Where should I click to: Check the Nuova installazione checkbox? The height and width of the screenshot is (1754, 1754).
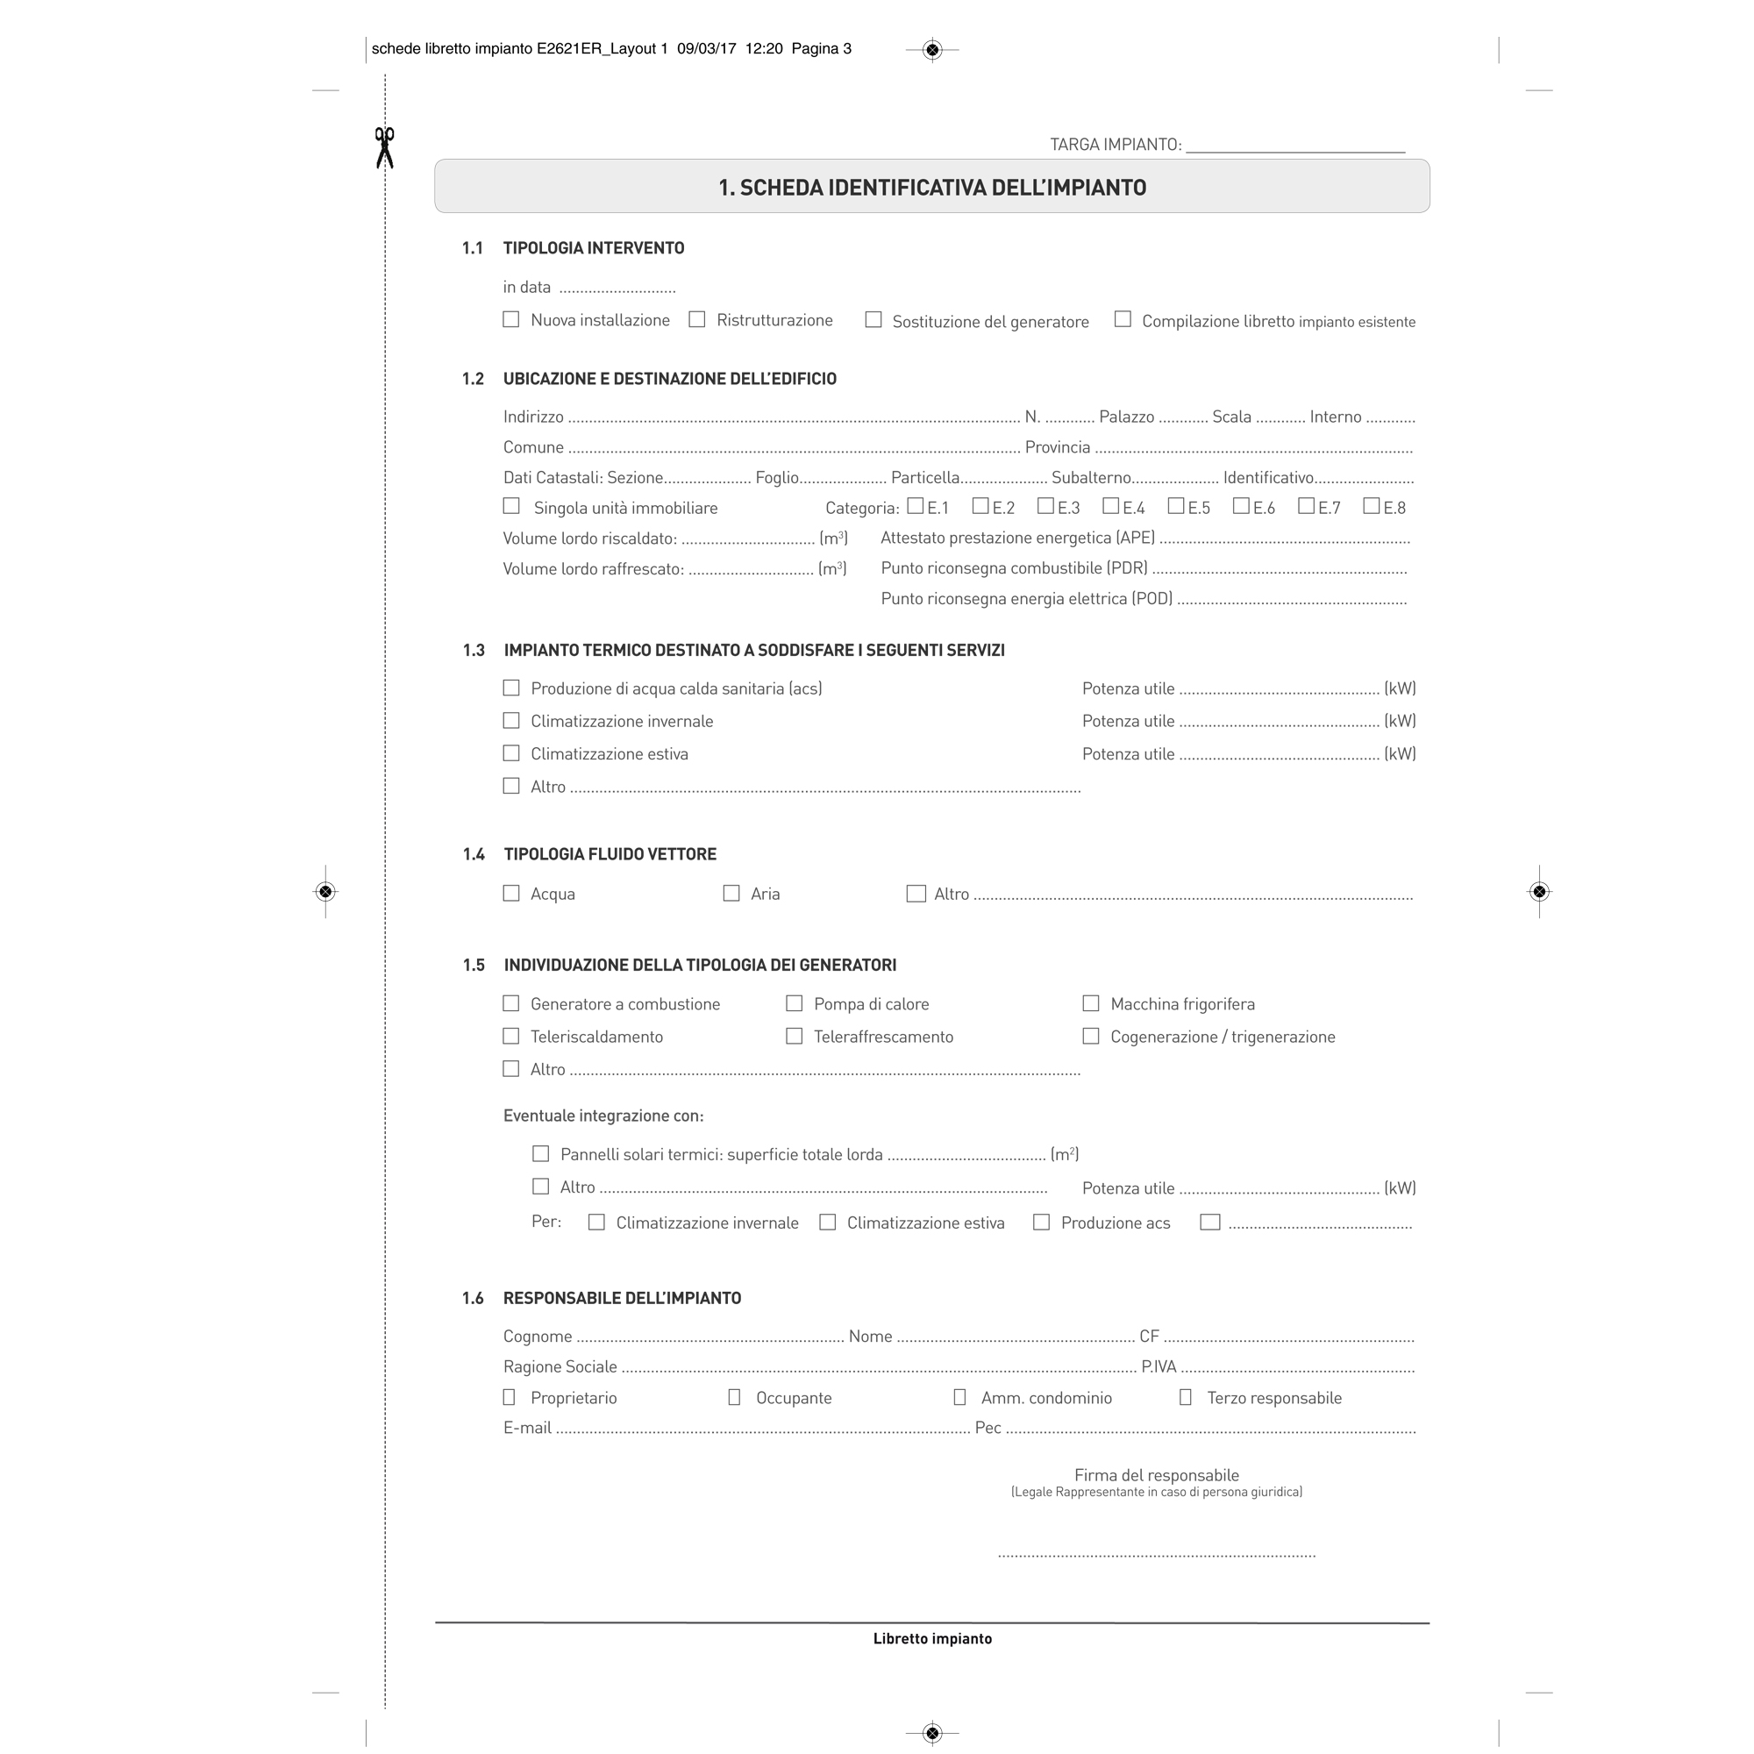[x=511, y=319]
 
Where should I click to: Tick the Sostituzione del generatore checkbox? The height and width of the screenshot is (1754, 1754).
[x=873, y=319]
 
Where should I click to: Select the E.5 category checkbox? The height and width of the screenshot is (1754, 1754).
[x=1176, y=506]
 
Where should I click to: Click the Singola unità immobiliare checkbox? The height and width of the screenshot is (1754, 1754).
[x=511, y=506]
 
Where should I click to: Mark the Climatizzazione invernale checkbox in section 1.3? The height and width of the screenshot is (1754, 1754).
[x=511, y=721]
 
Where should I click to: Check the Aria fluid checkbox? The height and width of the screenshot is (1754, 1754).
[x=731, y=894]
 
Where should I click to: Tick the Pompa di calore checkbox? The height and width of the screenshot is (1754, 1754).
[x=795, y=1003]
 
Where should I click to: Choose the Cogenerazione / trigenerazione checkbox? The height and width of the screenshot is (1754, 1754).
[x=1091, y=1036]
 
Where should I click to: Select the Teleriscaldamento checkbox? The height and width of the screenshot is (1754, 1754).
[x=511, y=1036]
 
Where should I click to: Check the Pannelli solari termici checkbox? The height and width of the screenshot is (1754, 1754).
[x=541, y=1154]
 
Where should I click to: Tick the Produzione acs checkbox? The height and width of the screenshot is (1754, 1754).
[x=1041, y=1222]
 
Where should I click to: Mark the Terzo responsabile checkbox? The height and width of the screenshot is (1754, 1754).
[x=1185, y=1397]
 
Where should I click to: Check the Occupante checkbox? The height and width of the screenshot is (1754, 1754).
[x=733, y=1397]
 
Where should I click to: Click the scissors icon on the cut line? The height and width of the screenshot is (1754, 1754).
[x=385, y=147]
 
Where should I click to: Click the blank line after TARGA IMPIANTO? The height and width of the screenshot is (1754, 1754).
[x=1294, y=145]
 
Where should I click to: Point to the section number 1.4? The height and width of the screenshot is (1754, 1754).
[x=474, y=854]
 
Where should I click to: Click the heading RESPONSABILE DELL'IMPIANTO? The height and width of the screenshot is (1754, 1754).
[x=622, y=1298]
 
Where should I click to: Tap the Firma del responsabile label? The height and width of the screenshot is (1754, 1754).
[x=1156, y=1475]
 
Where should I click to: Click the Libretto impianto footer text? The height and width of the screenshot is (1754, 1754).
[x=932, y=1639]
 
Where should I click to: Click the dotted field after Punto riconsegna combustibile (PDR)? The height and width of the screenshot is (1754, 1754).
[x=1280, y=570]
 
